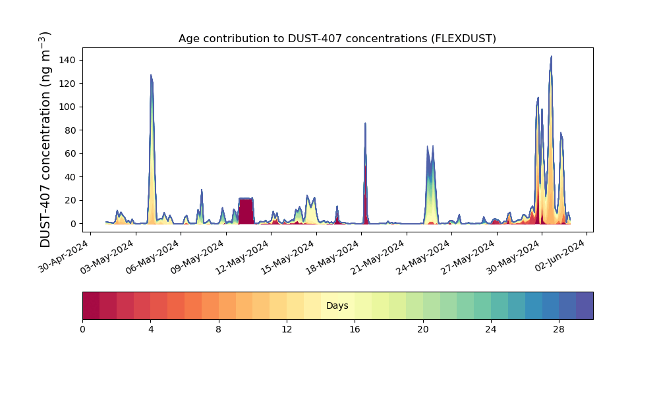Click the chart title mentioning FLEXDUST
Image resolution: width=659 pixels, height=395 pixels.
click(x=337, y=39)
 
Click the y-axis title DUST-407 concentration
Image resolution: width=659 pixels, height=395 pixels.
click(x=45, y=140)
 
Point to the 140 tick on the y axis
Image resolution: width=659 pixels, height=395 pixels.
click(x=67, y=61)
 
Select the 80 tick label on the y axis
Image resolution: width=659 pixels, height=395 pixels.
click(x=71, y=130)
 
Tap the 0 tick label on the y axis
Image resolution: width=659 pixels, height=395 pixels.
click(x=74, y=224)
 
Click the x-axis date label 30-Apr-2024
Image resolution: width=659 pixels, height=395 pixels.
click(x=64, y=256)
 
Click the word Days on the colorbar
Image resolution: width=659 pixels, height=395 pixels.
click(x=337, y=305)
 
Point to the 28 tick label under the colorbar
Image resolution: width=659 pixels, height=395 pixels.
click(x=559, y=330)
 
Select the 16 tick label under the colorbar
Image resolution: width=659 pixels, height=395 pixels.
click(x=355, y=330)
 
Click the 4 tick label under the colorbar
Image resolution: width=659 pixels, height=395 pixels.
click(x=150, y=330)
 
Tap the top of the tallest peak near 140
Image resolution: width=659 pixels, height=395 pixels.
click(x=551, y=56)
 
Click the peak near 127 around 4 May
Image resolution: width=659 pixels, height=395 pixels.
click(x=151, y=75)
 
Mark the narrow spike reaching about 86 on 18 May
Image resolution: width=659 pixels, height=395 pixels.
click(x=365, y=123)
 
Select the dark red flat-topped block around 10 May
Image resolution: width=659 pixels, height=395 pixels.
click(x=246, y=211)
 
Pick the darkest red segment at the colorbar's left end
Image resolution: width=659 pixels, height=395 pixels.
click(x=91, y=305)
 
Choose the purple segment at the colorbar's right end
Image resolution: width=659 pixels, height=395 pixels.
click(x=585, y=305)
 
